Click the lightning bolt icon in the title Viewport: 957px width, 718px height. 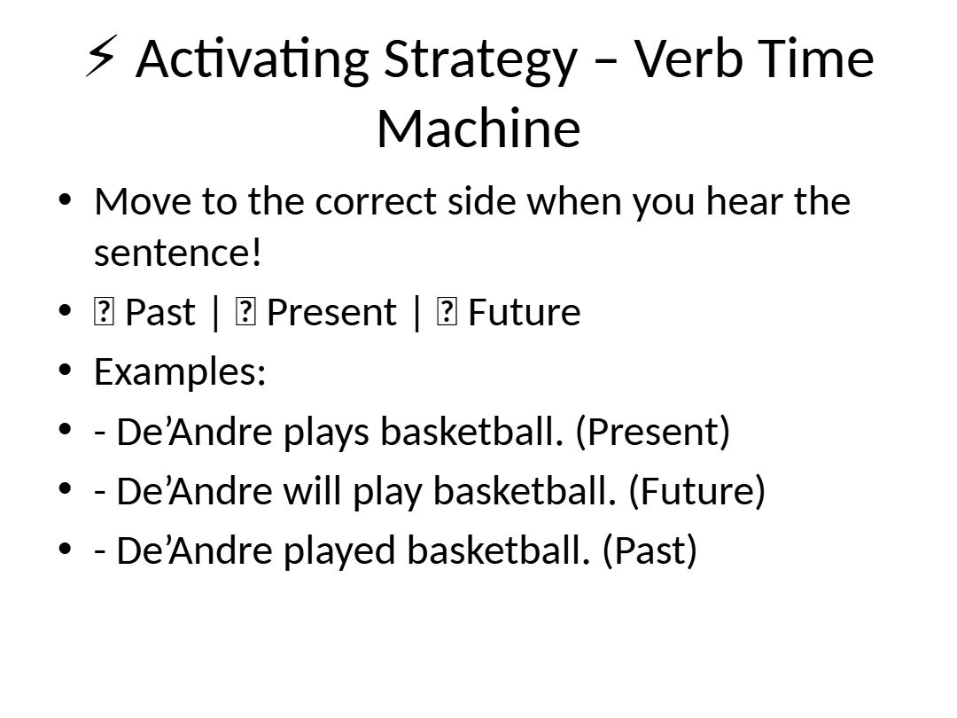pos(101,57)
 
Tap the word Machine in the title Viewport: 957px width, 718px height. pos(478,129)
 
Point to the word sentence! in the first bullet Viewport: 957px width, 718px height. pos(177,252)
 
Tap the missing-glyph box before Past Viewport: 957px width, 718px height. pos(104,312)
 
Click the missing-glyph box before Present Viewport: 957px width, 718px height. pos(245,312)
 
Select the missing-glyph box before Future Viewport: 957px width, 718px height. pos(447,312)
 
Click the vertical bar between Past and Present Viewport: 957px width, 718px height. pos(215,313)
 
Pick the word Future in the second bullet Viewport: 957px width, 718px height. pos(525,313)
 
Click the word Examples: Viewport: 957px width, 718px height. pos(180,371)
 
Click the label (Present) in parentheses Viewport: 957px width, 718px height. pos(652,433)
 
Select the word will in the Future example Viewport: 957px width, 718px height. pos(313,491)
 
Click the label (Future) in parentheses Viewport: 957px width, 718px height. pos(696,491)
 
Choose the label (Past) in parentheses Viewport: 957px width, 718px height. pos(650,550)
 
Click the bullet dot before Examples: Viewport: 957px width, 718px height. pos(66,370)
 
